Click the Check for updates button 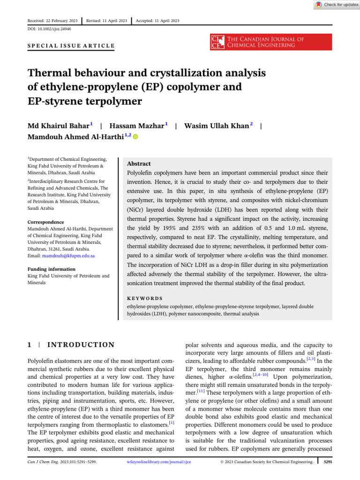[336, 5]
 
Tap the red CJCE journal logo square [217, 42]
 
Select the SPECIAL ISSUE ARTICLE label [71, 45]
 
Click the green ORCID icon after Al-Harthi [135, 137]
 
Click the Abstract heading [139, 164]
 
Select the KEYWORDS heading [145, 298]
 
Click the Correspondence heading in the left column [45, 222]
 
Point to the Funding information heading [51, 269]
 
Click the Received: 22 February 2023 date [52, 21]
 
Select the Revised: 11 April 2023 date [107, 21]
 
